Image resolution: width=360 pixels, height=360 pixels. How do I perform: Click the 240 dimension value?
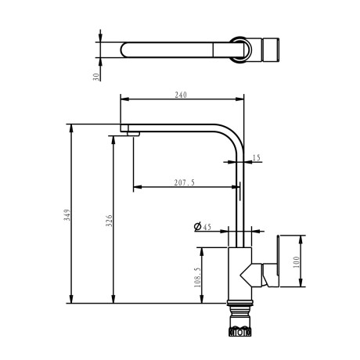[x=182, y=95]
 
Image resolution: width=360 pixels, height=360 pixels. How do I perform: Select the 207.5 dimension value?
[x=185, y=182]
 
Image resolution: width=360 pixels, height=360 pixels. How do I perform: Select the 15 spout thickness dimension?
[x=257, y=158]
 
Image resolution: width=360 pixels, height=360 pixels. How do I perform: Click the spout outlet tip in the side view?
[x=130, y=129]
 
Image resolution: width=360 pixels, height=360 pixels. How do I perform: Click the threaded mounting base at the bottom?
[x=238, y=324]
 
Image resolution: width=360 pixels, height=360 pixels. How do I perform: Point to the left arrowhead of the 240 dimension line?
[x=123, y=99]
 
